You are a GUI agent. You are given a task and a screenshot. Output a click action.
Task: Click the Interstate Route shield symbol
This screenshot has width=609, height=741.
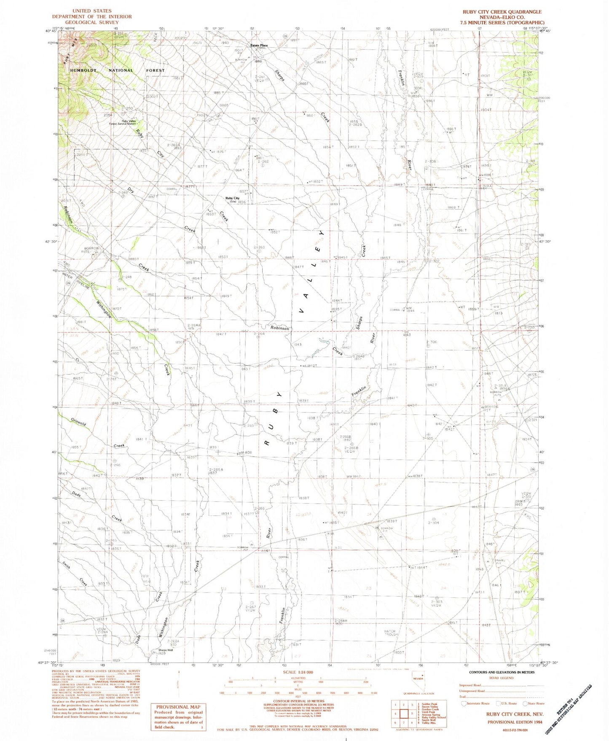464,703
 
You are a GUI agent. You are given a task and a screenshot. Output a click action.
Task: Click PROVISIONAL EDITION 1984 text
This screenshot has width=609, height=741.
514,722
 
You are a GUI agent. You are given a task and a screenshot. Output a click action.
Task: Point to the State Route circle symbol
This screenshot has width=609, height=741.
526,703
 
